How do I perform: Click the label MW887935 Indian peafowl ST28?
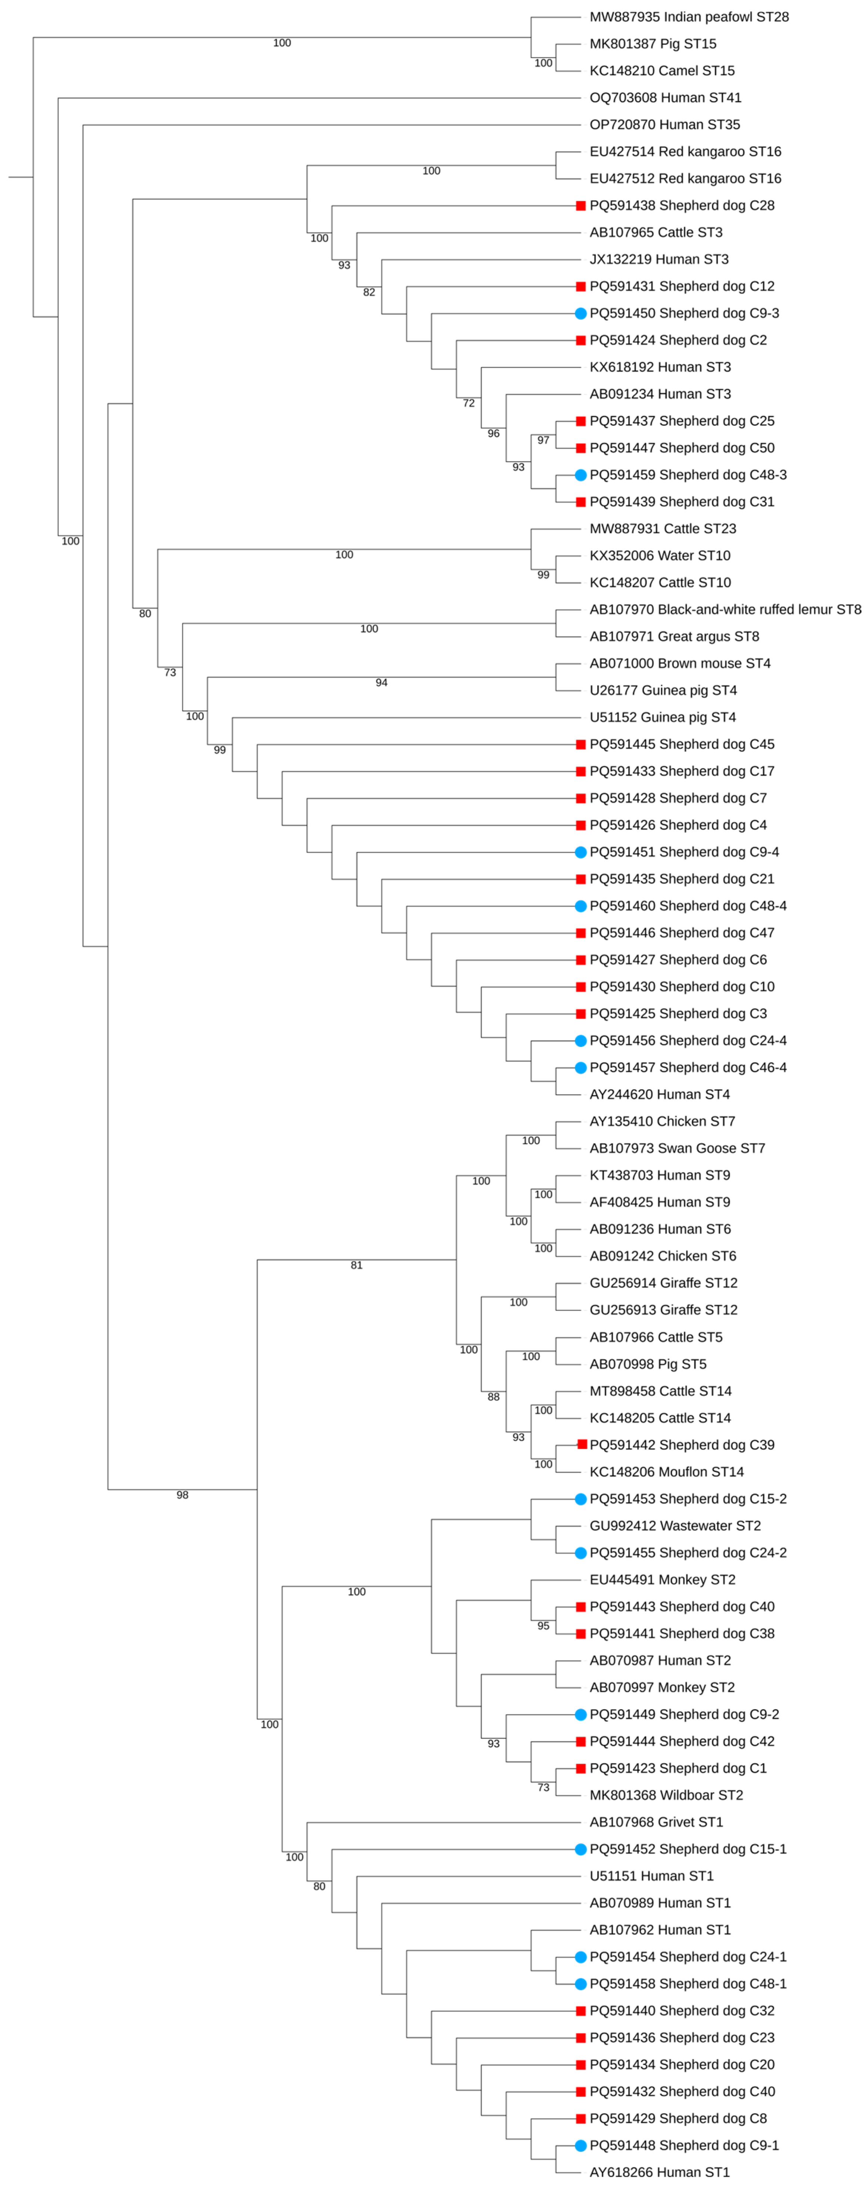(x=689, y=17)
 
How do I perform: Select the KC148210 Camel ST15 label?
(x=662, y=70)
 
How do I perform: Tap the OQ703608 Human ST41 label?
(x=665, y=97)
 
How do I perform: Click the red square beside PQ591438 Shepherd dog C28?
(x=581, y=205)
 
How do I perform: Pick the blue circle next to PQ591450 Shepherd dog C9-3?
(x=581, y=313)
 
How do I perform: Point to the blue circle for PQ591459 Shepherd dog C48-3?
(x=581, y=475)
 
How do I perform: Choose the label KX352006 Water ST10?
(x=660, y=556)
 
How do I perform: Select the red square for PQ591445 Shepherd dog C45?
(x=581, y=744)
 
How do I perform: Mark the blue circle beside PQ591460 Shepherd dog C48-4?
(x=581, y=906)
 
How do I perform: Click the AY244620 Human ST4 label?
(x=659, y=1094)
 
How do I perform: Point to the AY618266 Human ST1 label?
(x=659, y=2172)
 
